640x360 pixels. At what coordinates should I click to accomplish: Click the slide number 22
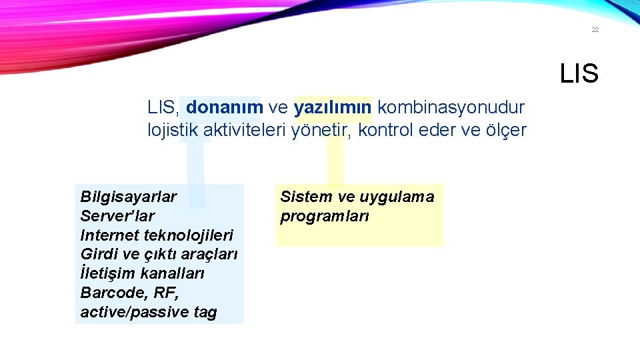point(595,30)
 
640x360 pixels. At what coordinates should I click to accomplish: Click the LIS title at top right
point(579,74)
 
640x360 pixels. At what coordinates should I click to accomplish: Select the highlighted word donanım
point(224,107)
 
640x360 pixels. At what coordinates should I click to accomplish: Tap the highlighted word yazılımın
point(333,107)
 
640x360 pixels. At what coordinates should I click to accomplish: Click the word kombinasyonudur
point(451,107)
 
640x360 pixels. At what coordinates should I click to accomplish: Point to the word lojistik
point(173,131)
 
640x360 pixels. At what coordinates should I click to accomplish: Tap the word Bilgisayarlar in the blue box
point(129,197)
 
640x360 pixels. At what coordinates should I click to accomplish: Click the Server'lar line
point(117,216)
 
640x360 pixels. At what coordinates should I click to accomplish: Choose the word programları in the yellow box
point(325,216)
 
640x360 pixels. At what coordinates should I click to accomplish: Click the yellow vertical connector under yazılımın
point(335,163)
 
